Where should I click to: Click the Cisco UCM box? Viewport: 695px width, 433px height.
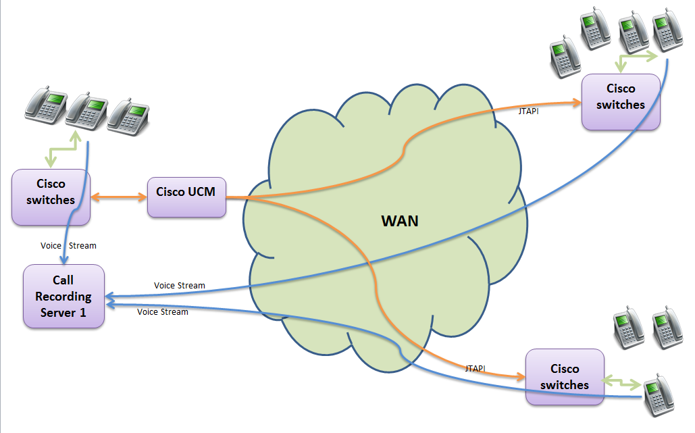pyautogui.click(x=186, y=197)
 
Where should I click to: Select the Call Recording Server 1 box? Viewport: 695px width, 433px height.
pyautogui.click(x=63, y=296)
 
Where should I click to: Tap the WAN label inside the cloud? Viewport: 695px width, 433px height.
pyautogui.click(x=399, y=220)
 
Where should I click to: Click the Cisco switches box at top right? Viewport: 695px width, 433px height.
pyautogui.click(x=621, y=101)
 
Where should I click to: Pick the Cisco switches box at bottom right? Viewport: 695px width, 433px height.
pyautogui.click(x=565, y=377)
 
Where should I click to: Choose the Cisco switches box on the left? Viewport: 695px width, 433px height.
pyautogui.click(x=51, y=197)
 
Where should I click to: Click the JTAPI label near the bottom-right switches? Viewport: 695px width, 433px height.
pyautogui.click(x=475, y=368)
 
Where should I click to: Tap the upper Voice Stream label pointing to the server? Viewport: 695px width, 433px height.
pyautogui.click(x=179, y=285)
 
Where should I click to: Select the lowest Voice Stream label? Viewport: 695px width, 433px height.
pyautogui.click(x=162, y=311)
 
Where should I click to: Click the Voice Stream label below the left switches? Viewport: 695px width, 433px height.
pyautogui.click(x=68, y=245)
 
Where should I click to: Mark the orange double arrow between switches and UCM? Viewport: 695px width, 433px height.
pyautogui.click(x=119, y=197)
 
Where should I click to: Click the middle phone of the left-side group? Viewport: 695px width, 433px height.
pyautogui.click(x=87, y=109)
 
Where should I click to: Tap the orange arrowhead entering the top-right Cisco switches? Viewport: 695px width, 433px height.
pyautogui.click(x=576, y=103)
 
